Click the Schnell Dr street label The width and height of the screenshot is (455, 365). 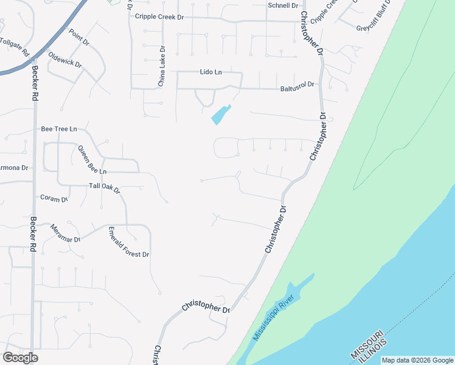point(283,5)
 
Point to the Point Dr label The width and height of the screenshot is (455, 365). point(79,38)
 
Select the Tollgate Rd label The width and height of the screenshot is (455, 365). point(15,47)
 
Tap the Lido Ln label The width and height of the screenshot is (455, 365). point(211,72)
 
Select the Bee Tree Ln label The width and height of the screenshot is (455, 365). point(59,129)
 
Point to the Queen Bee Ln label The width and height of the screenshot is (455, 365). point(92,160)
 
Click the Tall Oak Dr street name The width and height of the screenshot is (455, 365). point(105,188)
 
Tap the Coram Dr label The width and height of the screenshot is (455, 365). point(54,198)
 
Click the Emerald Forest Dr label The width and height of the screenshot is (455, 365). point(128,242)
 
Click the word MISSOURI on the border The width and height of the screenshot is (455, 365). point(367,345)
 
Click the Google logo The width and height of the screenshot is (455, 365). point(20,358)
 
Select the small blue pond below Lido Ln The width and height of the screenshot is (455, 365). point(220,114)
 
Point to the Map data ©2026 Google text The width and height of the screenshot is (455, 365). point(417,360)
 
